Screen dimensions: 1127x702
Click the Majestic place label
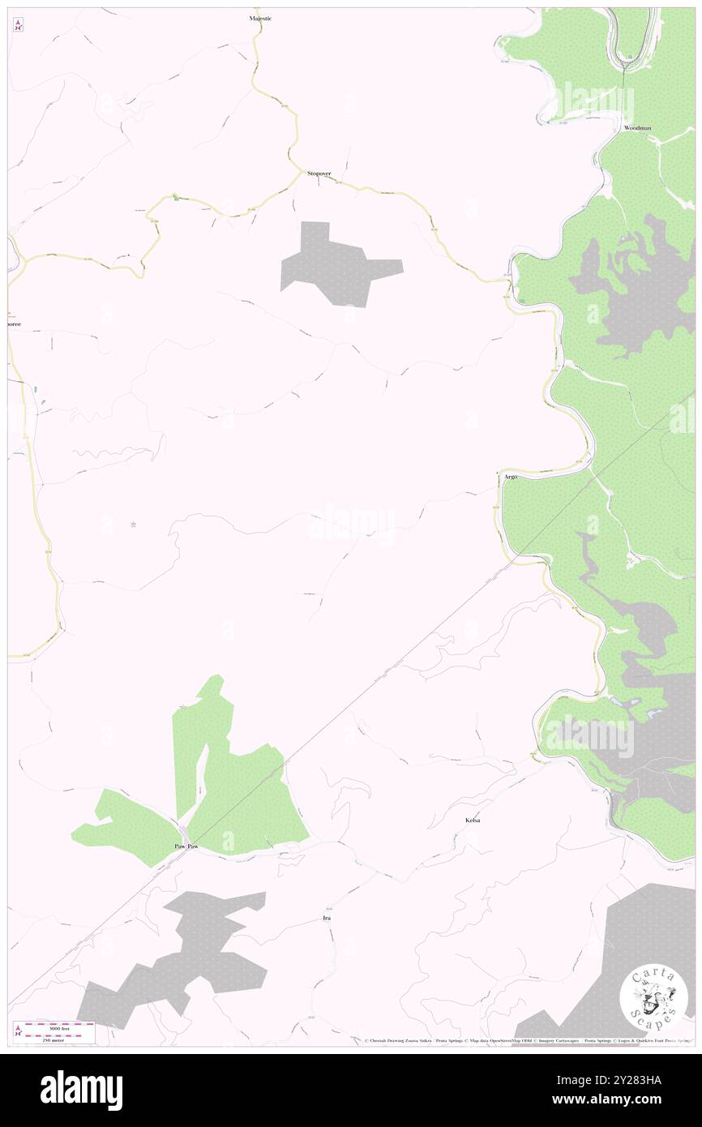click(x=260, y=18)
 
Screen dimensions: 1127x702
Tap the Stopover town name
click(x=319, y=174)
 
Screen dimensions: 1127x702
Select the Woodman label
click(x=637, y=128)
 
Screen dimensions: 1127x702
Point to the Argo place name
click(x=511, y=477)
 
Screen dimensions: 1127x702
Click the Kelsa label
click(x=473, y=821)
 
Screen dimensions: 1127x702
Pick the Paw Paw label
click(x=186, y=846)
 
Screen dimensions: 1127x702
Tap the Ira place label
click(x=327, y=918)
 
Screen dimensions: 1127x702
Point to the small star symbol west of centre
click(x=133, y=525)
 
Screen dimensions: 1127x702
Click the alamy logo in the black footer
click(x=81, y=1090)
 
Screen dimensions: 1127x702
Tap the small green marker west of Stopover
click(x=173, y=196)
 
